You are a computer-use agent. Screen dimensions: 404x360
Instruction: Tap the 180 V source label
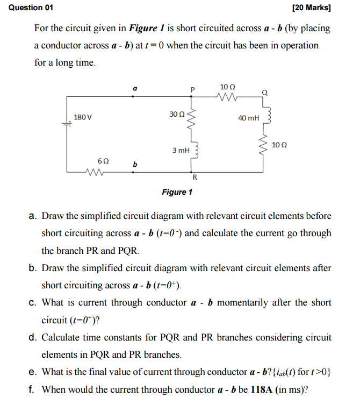click(83, 117)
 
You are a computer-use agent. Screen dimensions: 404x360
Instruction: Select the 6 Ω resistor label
click(103, 161)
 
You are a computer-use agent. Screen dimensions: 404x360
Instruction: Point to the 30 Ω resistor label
click(177, 115)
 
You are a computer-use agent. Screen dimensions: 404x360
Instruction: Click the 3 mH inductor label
click(181, 151)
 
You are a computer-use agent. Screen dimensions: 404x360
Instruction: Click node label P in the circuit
click(192, 89)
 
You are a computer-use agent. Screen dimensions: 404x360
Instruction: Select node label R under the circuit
click(195, 178)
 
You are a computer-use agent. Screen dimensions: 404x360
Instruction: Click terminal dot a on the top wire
click(134, 96)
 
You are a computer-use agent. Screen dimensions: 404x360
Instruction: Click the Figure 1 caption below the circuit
click(177, 192)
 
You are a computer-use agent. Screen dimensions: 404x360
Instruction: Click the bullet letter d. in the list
click(32, 338)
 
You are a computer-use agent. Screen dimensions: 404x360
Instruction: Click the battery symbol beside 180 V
click(67, 125)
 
